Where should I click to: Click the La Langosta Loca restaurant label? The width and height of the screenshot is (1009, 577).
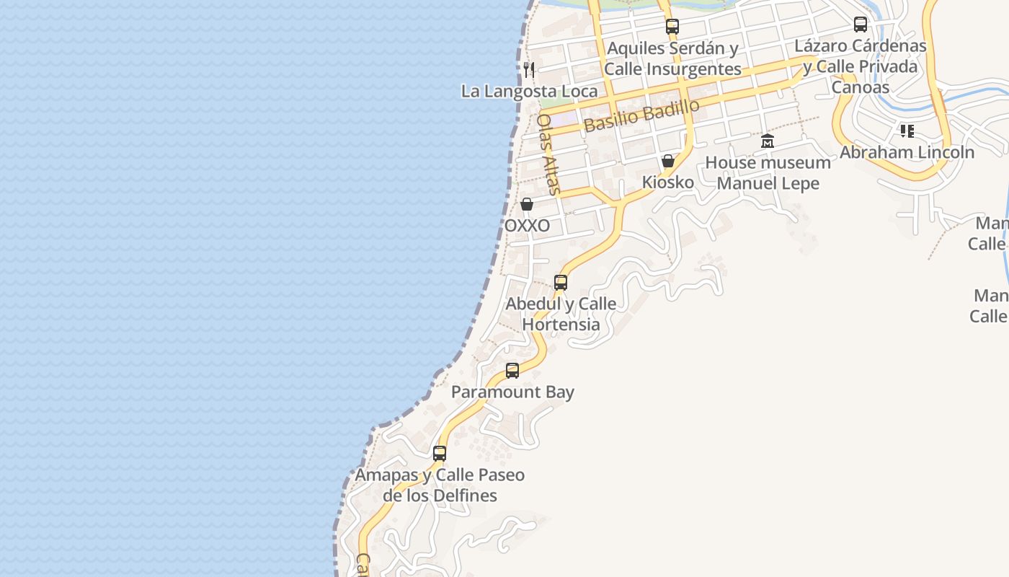529,92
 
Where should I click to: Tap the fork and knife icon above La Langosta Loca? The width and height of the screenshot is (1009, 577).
529,69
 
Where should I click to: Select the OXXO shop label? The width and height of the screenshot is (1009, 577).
527,226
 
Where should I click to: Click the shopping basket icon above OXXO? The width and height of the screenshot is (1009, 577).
527,204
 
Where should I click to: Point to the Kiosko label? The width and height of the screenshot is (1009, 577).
668,182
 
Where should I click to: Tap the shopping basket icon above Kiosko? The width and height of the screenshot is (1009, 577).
668,161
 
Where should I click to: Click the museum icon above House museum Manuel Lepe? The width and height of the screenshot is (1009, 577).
768,141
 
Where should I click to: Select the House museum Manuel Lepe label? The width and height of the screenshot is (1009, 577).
768,173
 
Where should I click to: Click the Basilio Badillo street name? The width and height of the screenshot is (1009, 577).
641,115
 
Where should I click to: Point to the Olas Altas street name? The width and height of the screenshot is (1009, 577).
548,154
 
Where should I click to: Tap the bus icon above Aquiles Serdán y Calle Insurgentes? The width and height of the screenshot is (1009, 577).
672,27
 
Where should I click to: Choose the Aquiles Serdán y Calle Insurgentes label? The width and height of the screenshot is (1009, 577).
672,58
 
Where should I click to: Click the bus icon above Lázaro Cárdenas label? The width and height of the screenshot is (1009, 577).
861,25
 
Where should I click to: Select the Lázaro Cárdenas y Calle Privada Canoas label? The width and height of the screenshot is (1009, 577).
860,66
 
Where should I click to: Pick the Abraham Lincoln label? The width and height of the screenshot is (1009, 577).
907,153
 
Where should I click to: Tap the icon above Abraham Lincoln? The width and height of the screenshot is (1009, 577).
907,131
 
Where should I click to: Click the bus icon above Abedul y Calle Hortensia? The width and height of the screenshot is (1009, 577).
561,283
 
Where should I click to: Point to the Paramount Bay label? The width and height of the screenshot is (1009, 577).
512,392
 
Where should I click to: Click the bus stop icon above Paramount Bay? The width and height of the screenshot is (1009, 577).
512,371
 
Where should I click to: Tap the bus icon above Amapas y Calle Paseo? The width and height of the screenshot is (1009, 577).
440,454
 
